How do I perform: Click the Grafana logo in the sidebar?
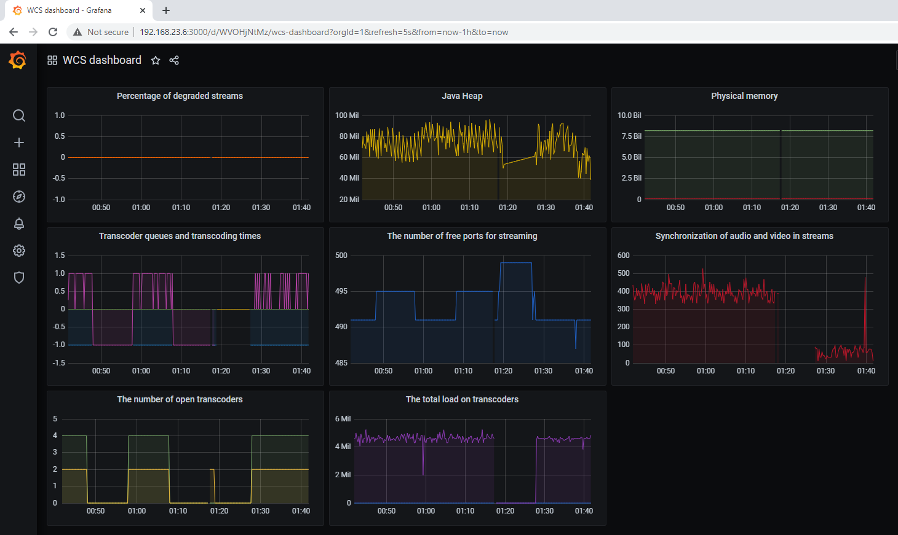(x=18, y=60)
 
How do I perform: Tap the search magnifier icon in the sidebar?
(x=19, y=115)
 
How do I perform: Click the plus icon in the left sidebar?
(x=19, y=143)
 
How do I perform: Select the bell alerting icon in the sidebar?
(x=19, y=224)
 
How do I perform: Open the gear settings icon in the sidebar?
(x=19, y=251)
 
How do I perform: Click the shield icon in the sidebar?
(x=19, y=278)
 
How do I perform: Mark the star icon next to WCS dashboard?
(x=156, y=60)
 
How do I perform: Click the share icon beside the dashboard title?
(x=174, y=60)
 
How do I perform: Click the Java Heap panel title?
(x=462, y=96)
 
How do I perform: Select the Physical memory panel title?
(x=744, y=96)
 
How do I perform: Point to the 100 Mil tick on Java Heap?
(x=347, y=115)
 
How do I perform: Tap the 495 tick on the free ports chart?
(x=341, y=291)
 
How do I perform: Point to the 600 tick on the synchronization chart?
(x=624, y=256)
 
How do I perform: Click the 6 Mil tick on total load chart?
(x=343, y=419)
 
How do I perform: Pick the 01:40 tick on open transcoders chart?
(x=301, y=511)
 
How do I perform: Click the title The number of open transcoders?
(x=180, y=399)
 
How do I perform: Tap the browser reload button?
(x=53, y=32)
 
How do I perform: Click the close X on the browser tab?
(x=143, y=10)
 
